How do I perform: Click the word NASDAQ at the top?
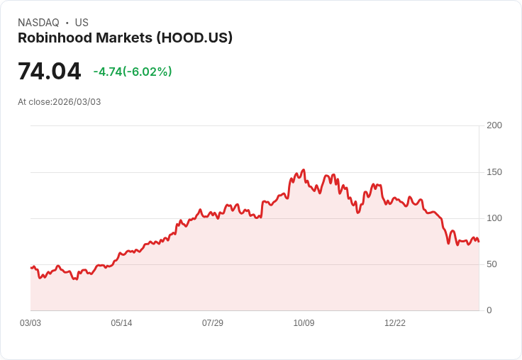pyautogui.click(x=38, y=23)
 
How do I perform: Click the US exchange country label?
pyautogui.click(x=82, y=23)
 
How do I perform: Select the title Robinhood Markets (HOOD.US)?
pyautogui.click(x=125, y=38)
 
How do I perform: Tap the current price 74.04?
pyautogui.click(x=50, y=72)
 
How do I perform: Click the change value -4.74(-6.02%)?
pyautogui.click(x=133, y=72)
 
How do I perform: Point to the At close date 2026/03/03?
pyautogui.click(x=60, y=102)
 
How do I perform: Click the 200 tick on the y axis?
pyautogui.click(x=494, y=125)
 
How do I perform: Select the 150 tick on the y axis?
pyautogui.click(x=494, y=172)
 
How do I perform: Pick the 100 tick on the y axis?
pyautogui.click(x=494, y=218)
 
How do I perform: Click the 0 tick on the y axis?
pyautogui.click(x=489, y=310)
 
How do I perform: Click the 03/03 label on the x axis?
pyautogui.click(x=30, y=323)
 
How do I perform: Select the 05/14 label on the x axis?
pyautogui.click(x=121, y=323)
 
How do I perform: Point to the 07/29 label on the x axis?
pyautogui.click(x=213, y=323)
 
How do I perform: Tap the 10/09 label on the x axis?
pyautogui.click(x=304, y=323)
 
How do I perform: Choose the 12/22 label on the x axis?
pyautogui.click(x=395, y=323)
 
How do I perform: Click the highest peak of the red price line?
pyautogui.click(x=304, y=170)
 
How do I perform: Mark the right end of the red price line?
pyautogui.click(x=479, y=242)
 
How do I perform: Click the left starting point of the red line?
pyautogui.click(x=31, y=267)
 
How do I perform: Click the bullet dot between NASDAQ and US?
pyautogui.click(x=67, y=23)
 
